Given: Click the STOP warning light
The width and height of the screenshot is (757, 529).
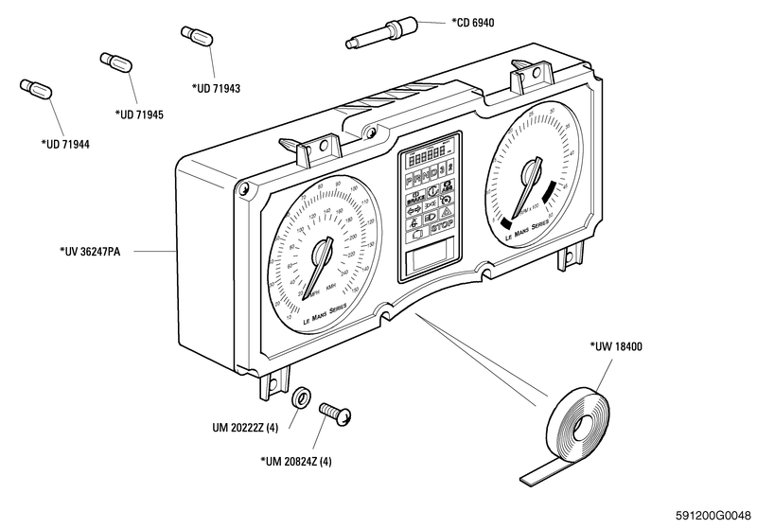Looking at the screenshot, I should pyautogui.click(x=442, y=228).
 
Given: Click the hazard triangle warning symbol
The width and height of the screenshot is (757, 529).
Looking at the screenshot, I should pyautogui.click(x=442, y=213).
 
